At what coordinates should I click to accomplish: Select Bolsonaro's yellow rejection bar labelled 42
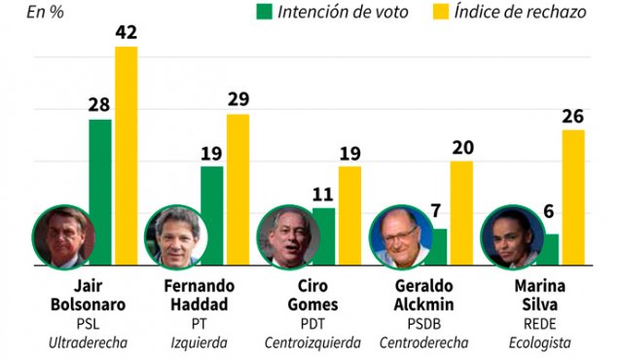[127, 156]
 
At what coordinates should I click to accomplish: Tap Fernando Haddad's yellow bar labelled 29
[238, 190]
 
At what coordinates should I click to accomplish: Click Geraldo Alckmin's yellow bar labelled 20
[460, 214]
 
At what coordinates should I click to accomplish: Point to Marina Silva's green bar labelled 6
[550, 248]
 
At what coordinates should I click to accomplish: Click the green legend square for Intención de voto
[265, 12]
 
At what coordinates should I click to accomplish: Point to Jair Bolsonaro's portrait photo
[61, 235]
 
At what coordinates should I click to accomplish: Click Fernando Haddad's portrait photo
[173, 236]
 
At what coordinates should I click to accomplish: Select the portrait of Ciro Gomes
[286, 236]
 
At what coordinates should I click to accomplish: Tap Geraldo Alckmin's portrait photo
[399, 236]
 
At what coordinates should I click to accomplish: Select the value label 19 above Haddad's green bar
[211, 153]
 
